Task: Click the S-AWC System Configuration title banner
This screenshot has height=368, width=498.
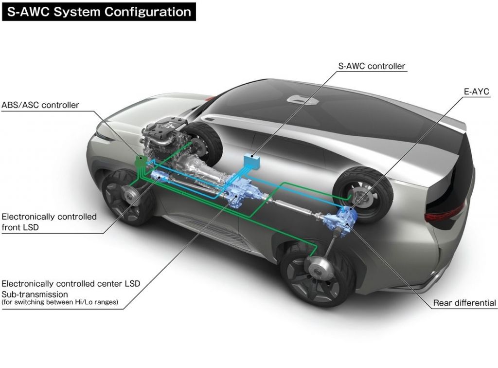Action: [x=98, y=12]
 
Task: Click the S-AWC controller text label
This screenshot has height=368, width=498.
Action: [x=371, y=66]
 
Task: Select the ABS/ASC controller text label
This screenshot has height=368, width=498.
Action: [x=40, y=105]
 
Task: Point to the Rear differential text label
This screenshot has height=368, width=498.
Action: [x=464, y=303]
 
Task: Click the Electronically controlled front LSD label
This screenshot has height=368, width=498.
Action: [x=49, y=221]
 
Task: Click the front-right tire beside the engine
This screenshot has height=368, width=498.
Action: [x=203, y=138]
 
